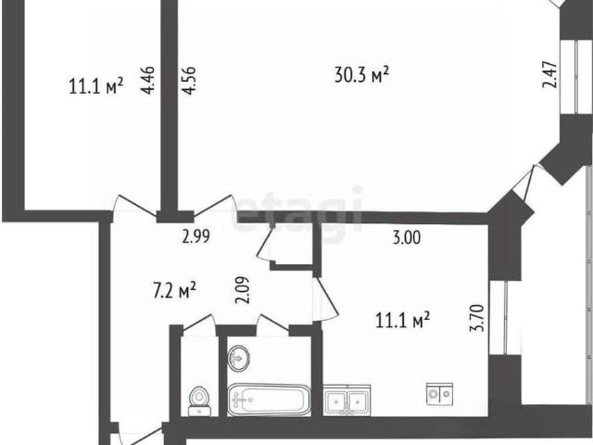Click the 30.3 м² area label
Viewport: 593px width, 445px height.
tap(361, 75)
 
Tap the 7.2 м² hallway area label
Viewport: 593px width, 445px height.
tap(174, 290)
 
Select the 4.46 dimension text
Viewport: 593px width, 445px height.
tap(148, 80)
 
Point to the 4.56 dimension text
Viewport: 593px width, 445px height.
tap(188, 81)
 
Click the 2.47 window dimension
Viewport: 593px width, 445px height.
tap(549, 74)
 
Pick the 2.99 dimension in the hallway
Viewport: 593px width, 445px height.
tap(196, 237)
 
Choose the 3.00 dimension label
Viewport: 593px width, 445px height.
tap(407, 238)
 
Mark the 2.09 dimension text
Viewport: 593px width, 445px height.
tap(243, 290)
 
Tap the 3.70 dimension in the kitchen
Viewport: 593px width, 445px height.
tap(477, 318)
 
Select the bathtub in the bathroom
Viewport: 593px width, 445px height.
tap(269, 400)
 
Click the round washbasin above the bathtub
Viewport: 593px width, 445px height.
tap(239, 358)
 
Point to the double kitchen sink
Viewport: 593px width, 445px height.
tap(347, 400)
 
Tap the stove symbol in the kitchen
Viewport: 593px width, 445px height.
tap(439, 394)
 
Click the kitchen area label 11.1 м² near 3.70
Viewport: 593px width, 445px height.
tap(402, 321)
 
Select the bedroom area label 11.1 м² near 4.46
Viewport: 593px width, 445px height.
tap(96, 85)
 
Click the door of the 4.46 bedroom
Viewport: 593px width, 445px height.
tap(135, 207)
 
